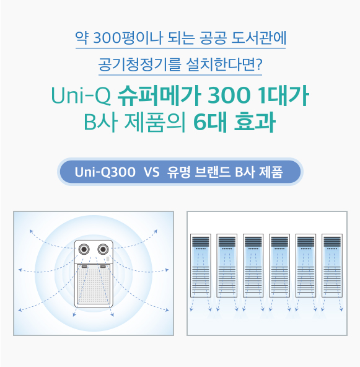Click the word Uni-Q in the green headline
(x=81, y=95)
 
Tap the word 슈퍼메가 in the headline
(x=159, y=95)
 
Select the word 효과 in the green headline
(x=255, y=122)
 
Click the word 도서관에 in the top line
(x=259, y=37)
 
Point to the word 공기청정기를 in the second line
(x=139, y=64)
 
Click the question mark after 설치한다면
(x=259, y=64)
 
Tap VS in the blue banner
(x=152, y=172)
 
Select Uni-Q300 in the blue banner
(x=105, y=172)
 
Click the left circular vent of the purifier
(x=84, y=249)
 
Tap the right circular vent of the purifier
(x=103, y=249)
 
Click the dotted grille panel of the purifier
(x=94, y=284)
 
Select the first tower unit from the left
(x=201, y=265)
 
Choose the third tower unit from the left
(x=253, y=265)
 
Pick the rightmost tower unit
(x=332, y=265)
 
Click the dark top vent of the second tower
(x=227, y=242)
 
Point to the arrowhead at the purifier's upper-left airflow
(x=31, y=231)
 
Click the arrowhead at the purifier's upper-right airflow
(x=156, y=231)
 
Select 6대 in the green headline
(x=210, y=122)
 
